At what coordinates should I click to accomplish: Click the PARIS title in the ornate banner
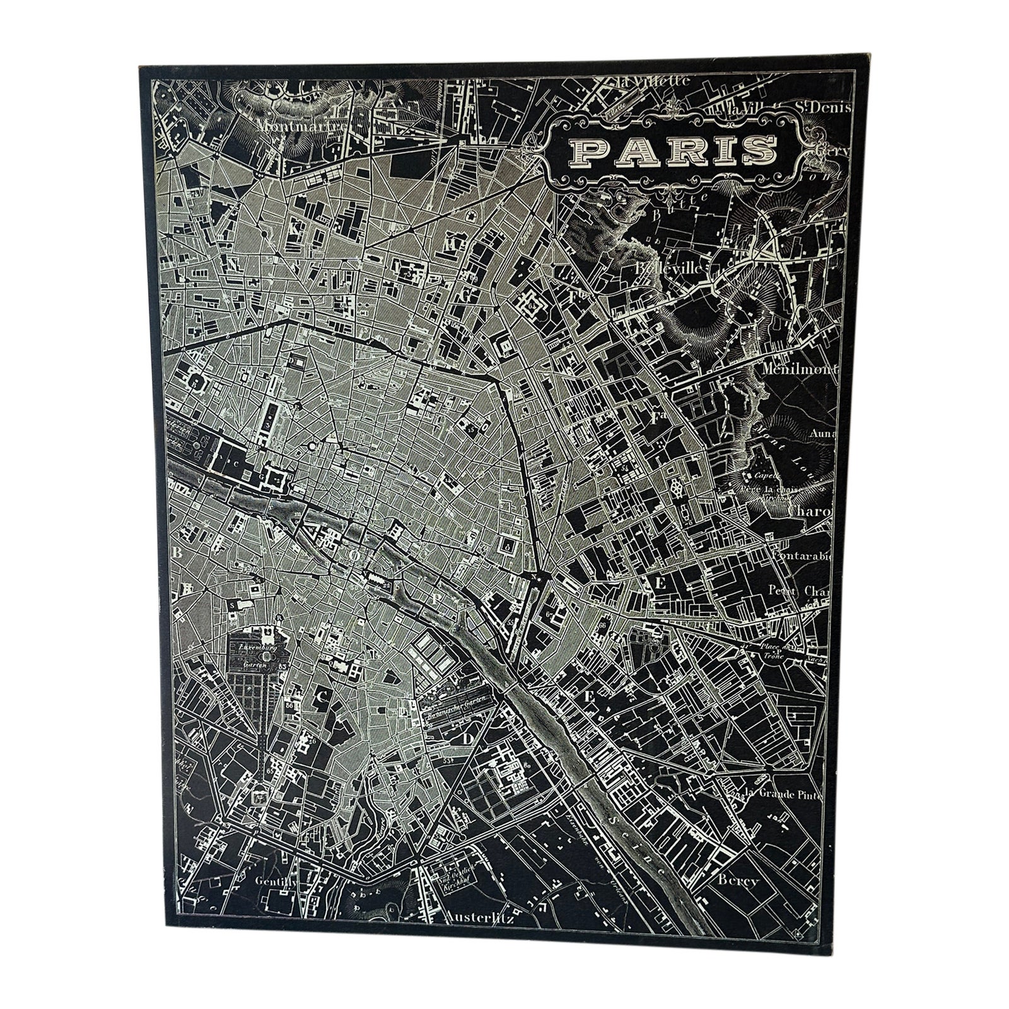[674, 150]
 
